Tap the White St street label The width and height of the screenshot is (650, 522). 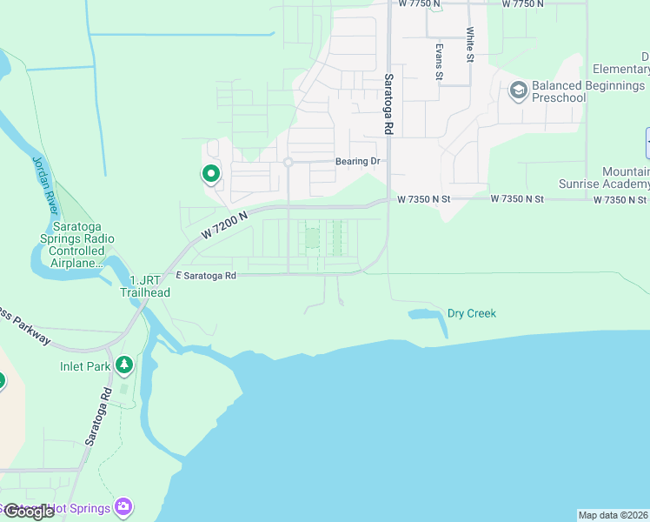tap(469, 43)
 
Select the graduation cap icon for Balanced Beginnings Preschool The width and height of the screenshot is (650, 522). tap(519, 90)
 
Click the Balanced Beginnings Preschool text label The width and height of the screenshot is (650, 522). tap(588, 91)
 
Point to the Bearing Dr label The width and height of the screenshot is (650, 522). tap(358, 162)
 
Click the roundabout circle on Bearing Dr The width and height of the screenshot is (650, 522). tap(288, 163)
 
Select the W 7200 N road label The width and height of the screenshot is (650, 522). tap(224, 225)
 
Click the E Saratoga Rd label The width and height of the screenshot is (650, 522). tap(206, 276)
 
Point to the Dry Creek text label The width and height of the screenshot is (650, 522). tap(471, 313)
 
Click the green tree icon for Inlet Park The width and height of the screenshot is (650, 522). tap(124, 366)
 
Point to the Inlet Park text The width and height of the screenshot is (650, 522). tap(85, 366)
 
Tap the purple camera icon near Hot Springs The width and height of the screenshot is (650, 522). tap(123, 506)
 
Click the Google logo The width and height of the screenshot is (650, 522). tap(28, 512)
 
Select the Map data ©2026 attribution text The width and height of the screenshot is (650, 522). tap(613, 515)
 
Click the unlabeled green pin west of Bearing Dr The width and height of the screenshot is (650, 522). tap(210, 175)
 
